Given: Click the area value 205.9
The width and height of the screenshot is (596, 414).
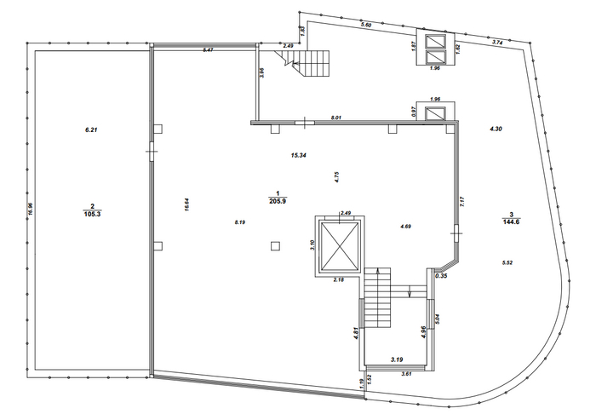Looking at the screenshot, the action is pyautogui.click(x=278, y=201).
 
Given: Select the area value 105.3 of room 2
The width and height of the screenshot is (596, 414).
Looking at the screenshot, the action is pyautogui.click(x=92, y=214).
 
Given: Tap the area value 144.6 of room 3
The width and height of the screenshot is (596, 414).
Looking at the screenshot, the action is pyautogui.click(x=511, y=222).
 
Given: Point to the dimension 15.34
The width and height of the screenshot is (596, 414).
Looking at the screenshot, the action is pyautogui.click(x=298, y=155).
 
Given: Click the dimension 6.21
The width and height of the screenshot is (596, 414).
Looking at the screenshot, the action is pyautogui.click(x=92, y=129).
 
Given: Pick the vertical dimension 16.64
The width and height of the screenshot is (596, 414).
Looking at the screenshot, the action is pyautogui.click(x=186, y=204).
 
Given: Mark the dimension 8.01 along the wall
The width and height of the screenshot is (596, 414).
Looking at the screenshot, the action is pyautogui.click(x=336, y=118).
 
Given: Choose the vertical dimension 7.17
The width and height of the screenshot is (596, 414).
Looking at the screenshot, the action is pyautogui.click(x=462, y=202).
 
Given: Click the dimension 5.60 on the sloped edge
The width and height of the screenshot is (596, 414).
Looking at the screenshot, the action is pyautogui.click(x=366, y=25).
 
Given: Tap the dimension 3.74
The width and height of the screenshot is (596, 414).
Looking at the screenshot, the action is pyautogui.click(x=497, y=43).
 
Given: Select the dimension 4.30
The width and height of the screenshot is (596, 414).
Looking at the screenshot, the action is pyautogui.click(x=496, y=129).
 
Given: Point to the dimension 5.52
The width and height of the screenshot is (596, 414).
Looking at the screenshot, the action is pyautogui.click(x=507, y=262).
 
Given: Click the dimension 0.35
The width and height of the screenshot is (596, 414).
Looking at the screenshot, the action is pyautogui.click(x=441, y=276).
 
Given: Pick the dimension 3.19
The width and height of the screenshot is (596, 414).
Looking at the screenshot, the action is pyautogui.click(x=397, y=359).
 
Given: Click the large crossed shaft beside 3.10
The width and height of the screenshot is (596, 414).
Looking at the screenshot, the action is pyautogui.click(x=340, y=245).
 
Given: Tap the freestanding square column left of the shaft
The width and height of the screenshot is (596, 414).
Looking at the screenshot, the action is pyautogui.click(x=276, y=246).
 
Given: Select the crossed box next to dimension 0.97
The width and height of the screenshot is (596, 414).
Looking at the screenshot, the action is pyautogui.click(x=435, y=114).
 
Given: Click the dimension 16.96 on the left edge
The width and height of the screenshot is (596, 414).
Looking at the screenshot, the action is pyautogui.click(x=31, y=209).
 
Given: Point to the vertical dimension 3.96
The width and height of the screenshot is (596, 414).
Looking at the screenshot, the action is pyautogui.click(x=261, y=72).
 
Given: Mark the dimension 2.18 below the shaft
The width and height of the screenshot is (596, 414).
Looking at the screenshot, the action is pyautogui.click(x=338, y=279).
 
